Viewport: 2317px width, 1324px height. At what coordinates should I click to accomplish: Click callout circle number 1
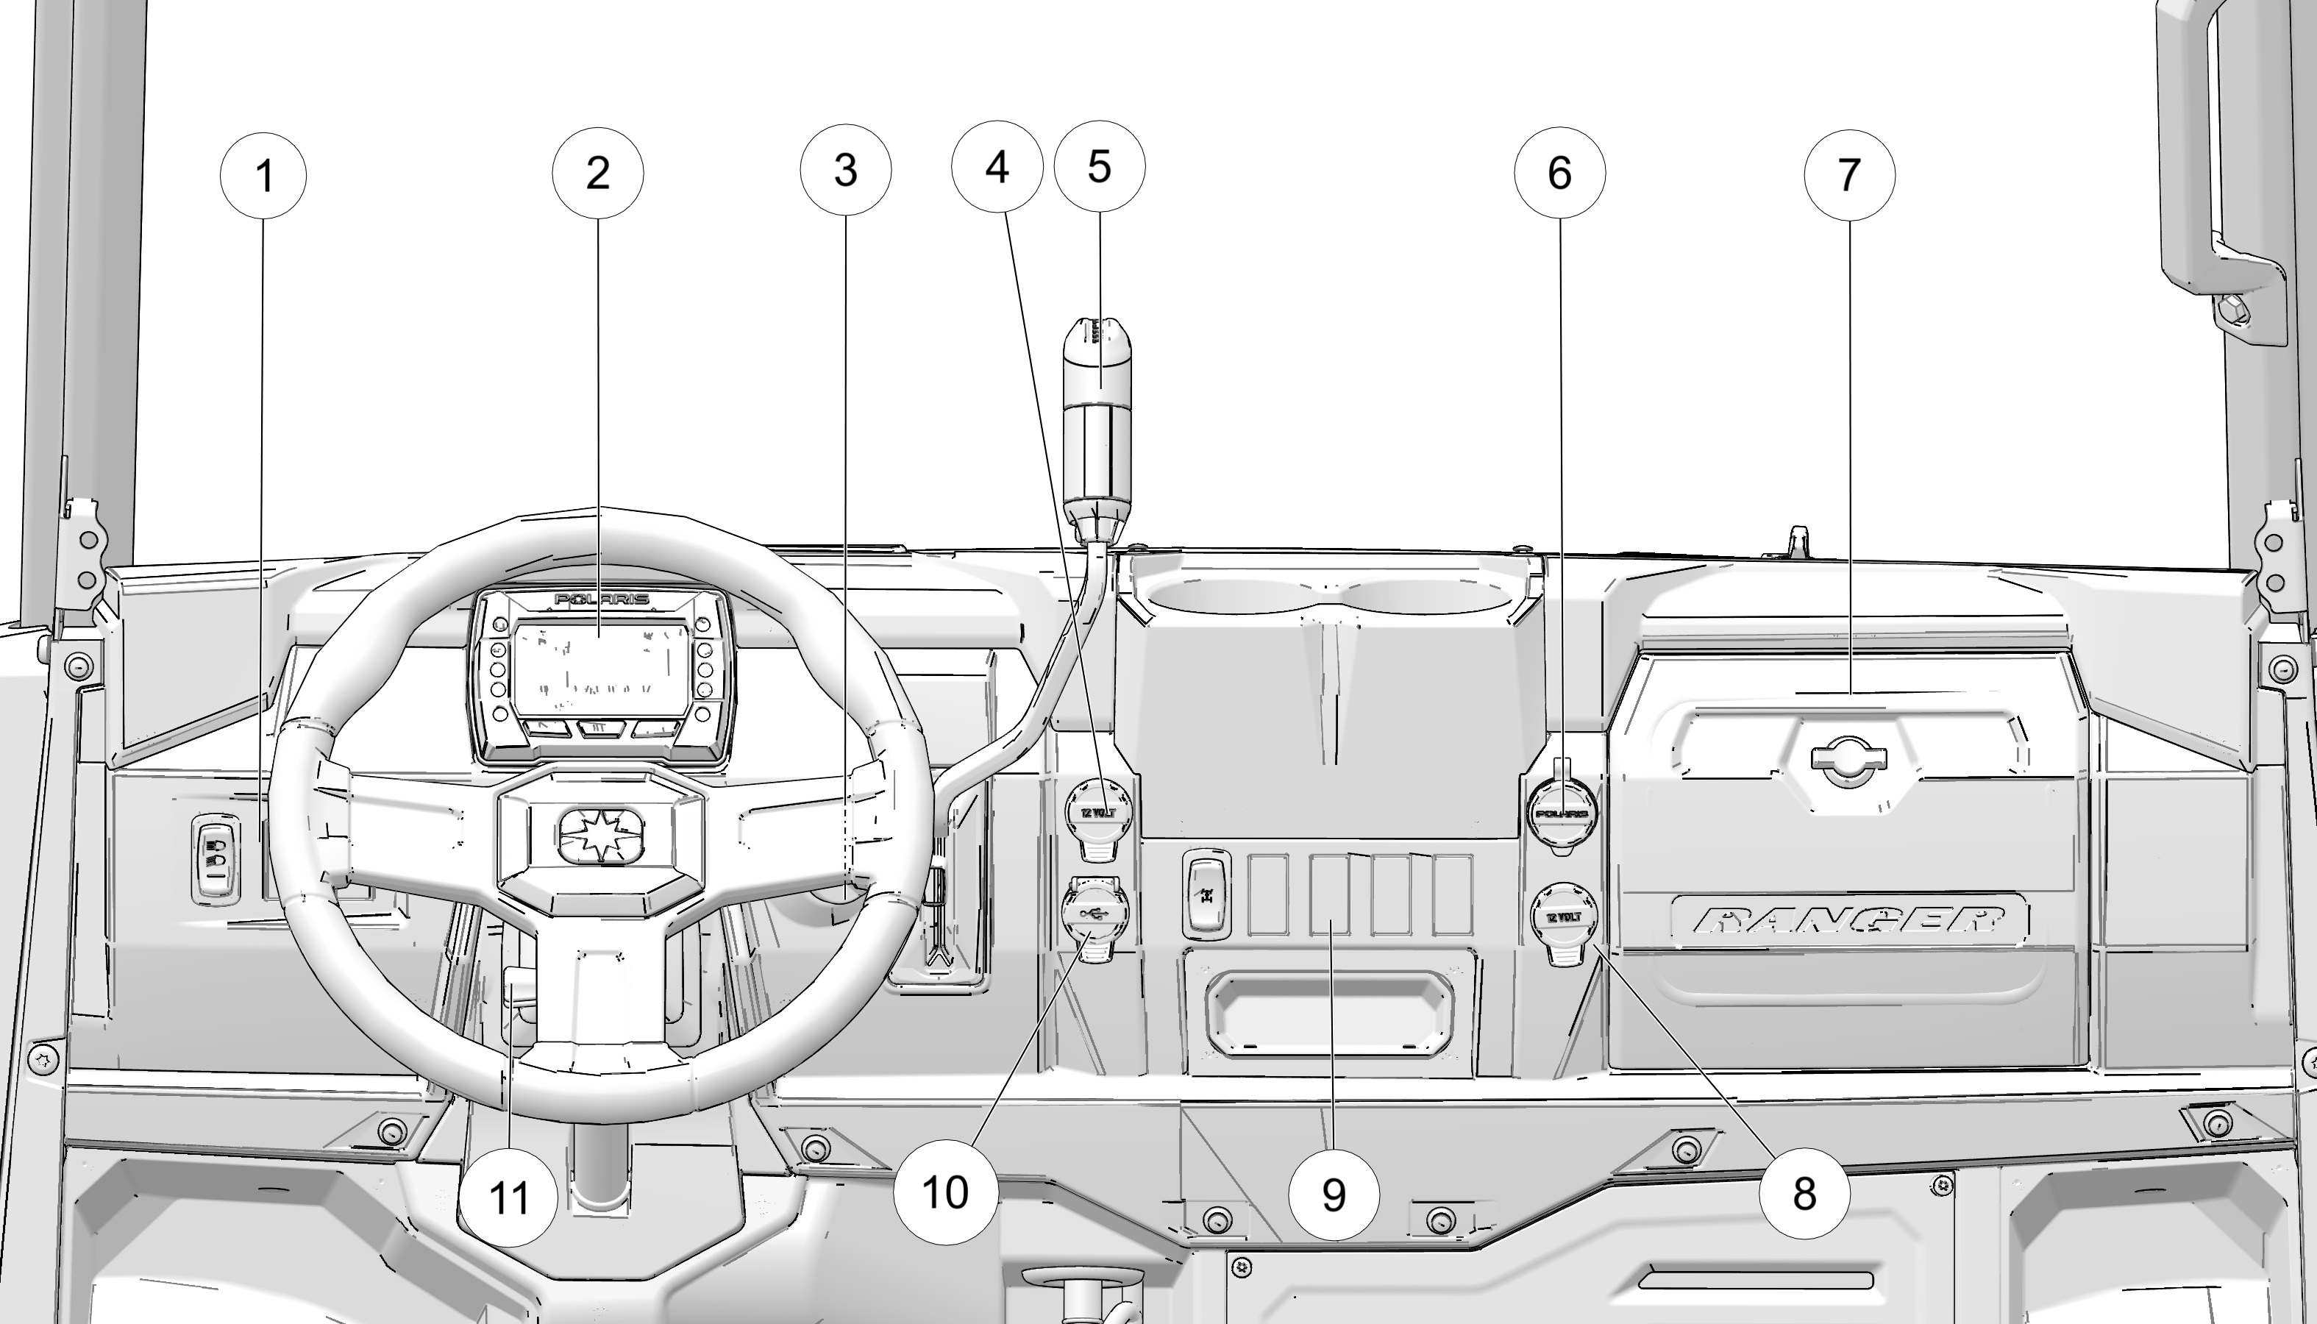tap(264, 176)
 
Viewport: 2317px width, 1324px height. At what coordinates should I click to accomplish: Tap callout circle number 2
tap(597, 173)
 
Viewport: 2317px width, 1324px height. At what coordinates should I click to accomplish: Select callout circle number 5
tap(1100, 167)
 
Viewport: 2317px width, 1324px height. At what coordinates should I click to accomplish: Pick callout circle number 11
tap(508, 1198)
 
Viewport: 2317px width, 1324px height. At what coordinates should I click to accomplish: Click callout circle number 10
tap(944, 1192)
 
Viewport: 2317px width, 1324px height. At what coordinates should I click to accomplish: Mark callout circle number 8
tap(1804, 1193)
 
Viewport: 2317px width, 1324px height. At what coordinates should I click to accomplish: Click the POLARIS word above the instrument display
tap(602, 599)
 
